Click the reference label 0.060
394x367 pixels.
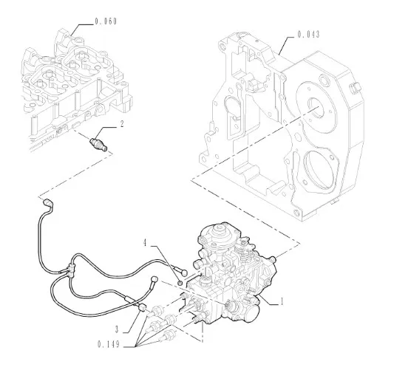(106, 21)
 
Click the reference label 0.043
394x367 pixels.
(308, 35)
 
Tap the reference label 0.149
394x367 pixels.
(109, 344)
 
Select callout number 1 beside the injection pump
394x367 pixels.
(282, 301)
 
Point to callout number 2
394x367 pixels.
(122, 124)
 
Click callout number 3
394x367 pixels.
(117, 329)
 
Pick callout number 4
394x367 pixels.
(145, 243)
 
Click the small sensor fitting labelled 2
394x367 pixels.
(99, 145)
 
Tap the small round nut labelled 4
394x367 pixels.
(180, 283)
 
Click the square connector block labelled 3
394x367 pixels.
(142, 307)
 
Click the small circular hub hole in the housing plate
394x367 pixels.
(315, 106)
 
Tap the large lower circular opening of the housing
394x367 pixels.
(319, 170)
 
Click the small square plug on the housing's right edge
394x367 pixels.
(355, 88)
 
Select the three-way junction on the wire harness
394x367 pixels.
(70, 270)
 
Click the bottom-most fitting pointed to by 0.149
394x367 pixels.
(167, 335)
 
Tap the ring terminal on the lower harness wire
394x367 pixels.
(154, 280)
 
